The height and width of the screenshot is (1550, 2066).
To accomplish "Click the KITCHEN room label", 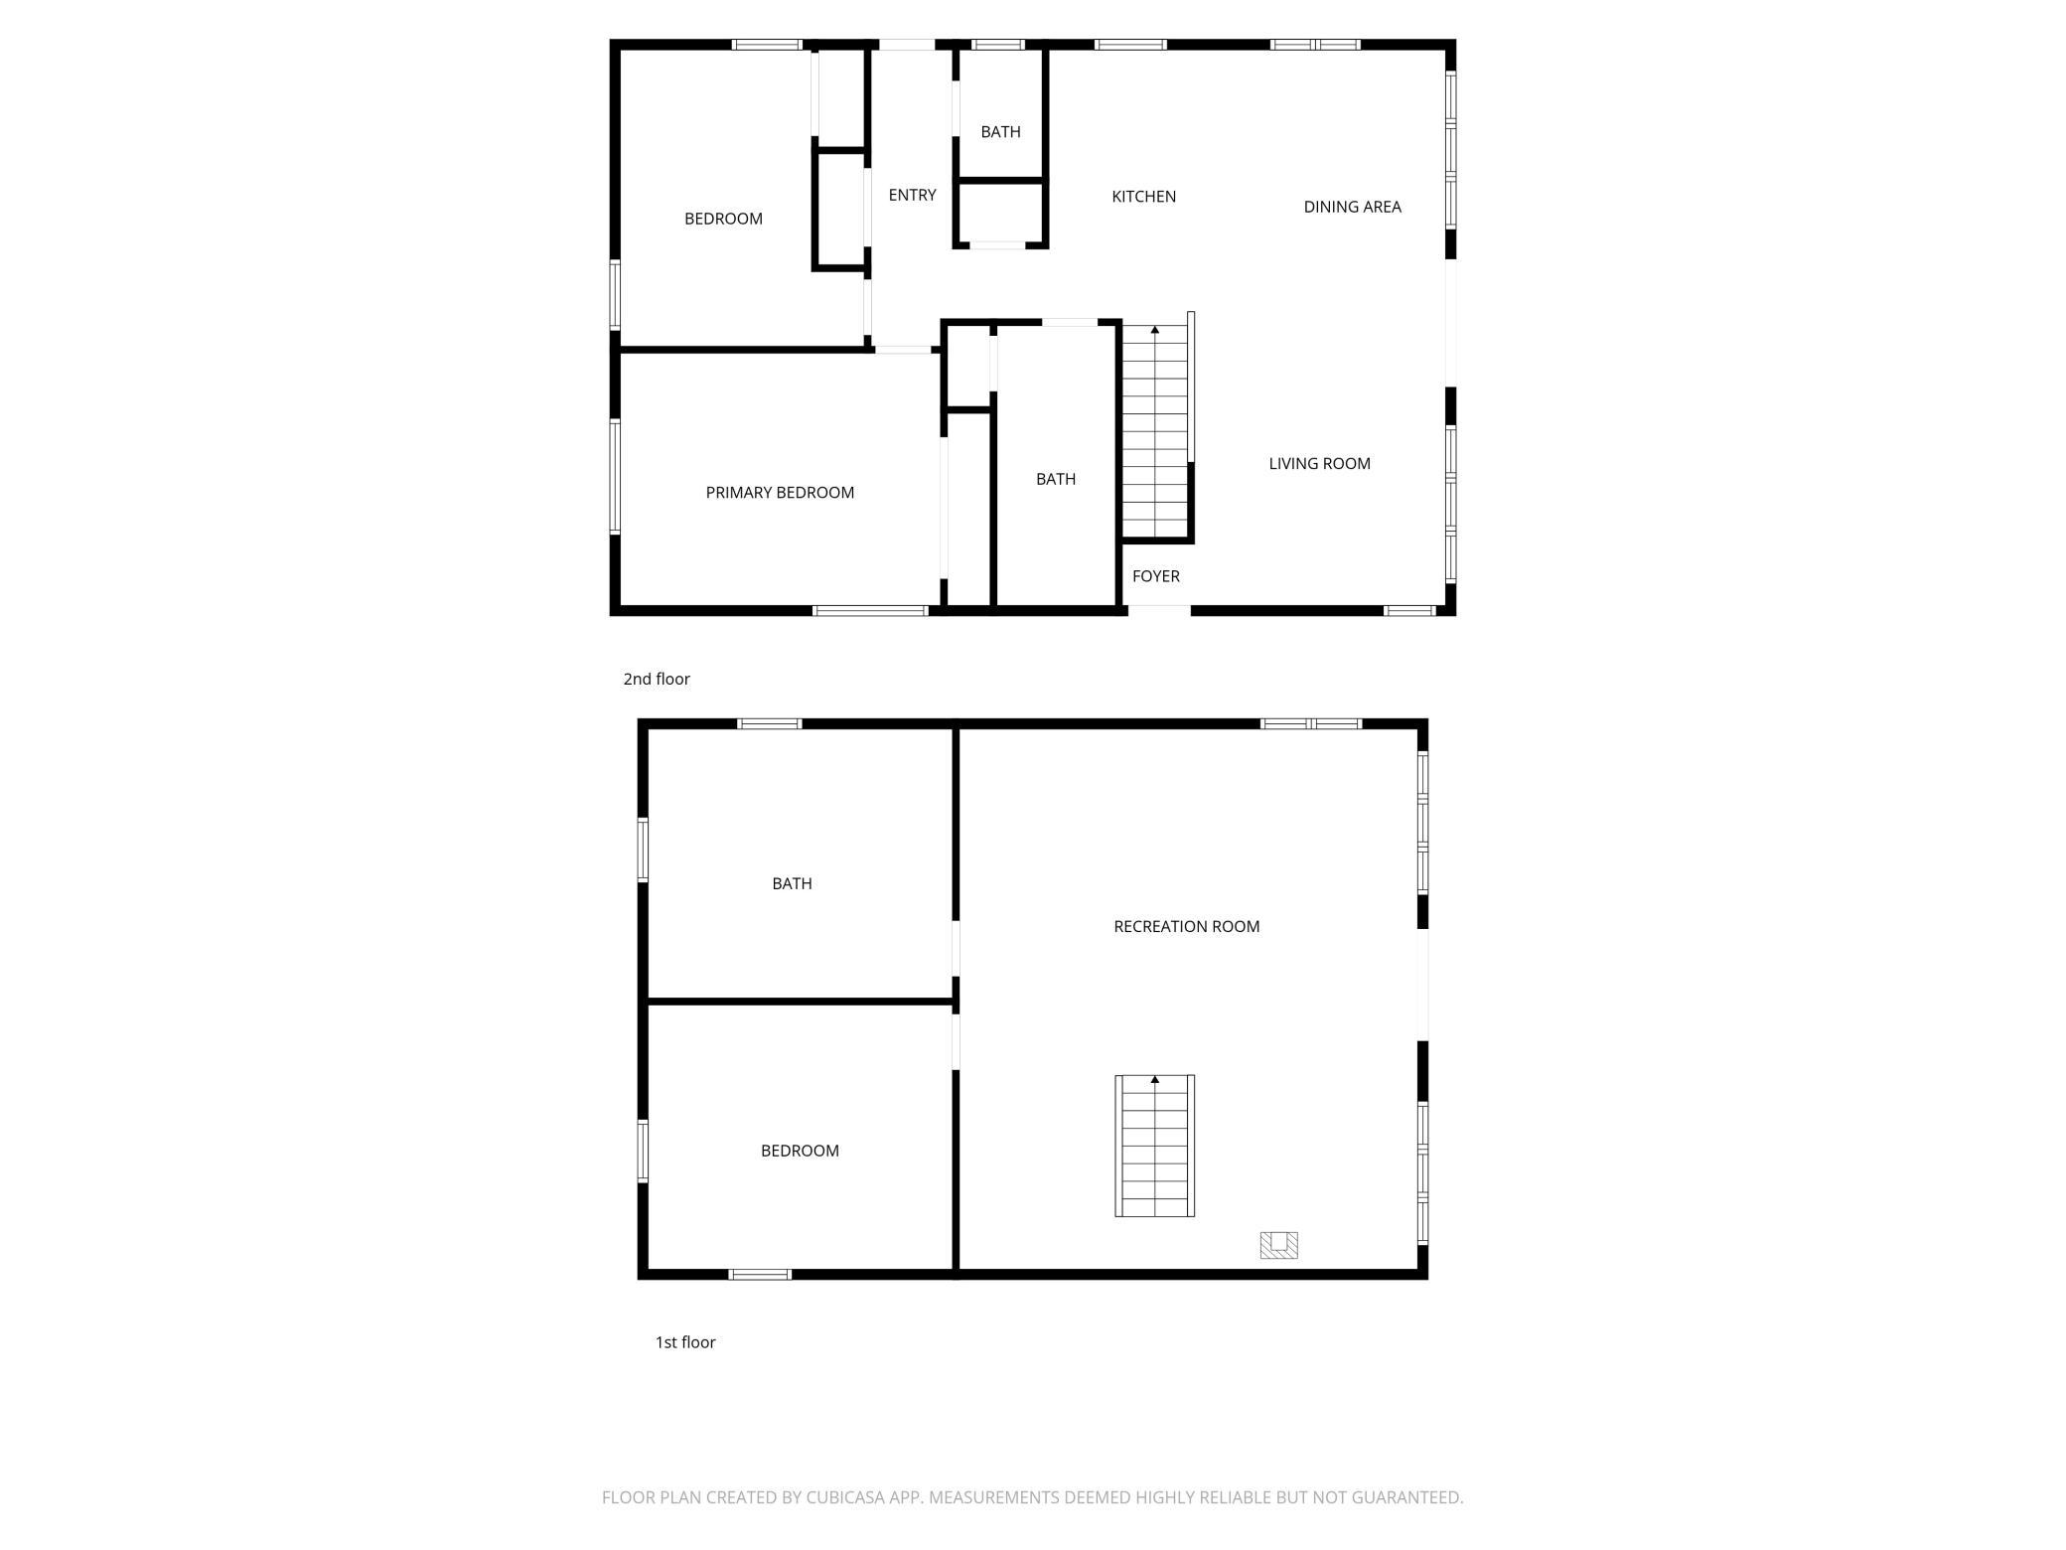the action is point(1143,197).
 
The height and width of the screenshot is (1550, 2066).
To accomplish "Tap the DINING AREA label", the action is point(1352,207).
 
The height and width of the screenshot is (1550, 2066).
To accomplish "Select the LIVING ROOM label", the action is point(1319,463).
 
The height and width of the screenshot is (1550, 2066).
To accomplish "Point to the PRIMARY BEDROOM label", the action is point(780,492).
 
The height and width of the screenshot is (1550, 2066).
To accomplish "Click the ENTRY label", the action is point(912,195).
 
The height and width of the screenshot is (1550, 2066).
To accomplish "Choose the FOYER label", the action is point(1156,576).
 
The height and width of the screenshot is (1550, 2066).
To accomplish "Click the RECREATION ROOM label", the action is point(1186,926).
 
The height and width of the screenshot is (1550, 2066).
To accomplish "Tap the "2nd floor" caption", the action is point(657,679).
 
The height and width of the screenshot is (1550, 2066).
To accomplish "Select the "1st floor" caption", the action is point(685,1342).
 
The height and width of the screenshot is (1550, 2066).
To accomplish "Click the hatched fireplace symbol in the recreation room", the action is point(1278,1245).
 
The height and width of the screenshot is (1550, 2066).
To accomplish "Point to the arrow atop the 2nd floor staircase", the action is point(1155,329).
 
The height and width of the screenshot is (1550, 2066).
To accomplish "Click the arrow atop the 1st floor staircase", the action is point(1155,1079).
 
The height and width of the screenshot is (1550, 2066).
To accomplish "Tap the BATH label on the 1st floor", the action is point(792,883).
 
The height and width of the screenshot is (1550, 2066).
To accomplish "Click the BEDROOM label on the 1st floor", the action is point(800,1151).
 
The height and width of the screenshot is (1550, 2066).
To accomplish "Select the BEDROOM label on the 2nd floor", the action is point(723,219).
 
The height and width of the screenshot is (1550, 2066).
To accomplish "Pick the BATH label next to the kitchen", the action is point(1000,131).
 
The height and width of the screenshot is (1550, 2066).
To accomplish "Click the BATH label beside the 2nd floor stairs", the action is point(1056,479).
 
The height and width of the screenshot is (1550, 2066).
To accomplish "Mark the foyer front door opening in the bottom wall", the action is point(1159,610).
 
